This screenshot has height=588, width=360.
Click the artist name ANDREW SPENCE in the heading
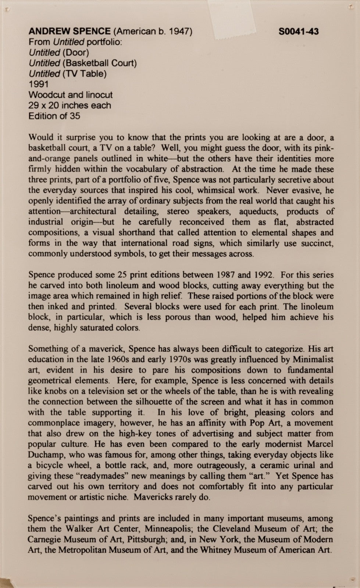[x=69, y=31]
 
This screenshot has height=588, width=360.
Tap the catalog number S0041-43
[x=299, y=31]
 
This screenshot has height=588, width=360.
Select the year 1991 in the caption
[x=39, y=84]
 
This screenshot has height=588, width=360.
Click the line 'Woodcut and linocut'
[x=71, y=95]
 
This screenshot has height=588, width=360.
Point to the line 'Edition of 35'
[x=54, y=116]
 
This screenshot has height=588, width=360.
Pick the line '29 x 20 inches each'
[x=69, y=105]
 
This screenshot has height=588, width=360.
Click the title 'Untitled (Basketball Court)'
[x=83, y=63]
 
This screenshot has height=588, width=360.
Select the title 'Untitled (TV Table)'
[x=68, y=74]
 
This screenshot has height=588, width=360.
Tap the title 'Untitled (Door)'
[x=59, y=53]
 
